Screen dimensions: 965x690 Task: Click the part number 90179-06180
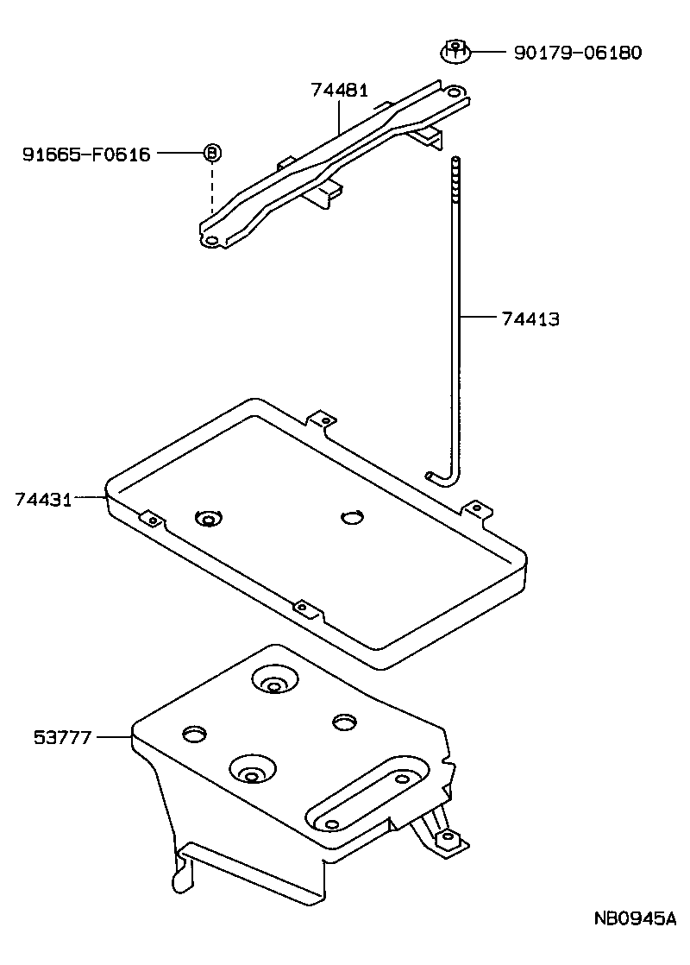[x=577, y=53]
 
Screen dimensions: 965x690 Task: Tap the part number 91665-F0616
[x=86, y=155]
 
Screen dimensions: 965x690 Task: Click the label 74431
[x=42, y=498]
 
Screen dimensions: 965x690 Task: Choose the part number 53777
[x=62, y=737]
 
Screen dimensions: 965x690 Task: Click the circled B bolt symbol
[x=212, y=154]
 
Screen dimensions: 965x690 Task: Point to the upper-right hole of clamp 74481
[x=453, y=91]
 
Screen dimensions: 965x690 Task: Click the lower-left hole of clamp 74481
[x=210, y=242]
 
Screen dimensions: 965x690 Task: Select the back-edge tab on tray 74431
[x=323, y=419]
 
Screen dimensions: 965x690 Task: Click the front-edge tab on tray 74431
[x=302, y=608]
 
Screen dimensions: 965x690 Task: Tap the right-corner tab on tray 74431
[x=472, y=508]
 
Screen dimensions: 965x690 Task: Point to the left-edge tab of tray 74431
[x=151, y=520]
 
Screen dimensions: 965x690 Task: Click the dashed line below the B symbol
[x=211, y=190]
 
